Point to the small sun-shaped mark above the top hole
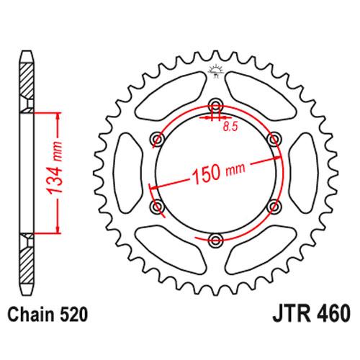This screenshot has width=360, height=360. (215, 70)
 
